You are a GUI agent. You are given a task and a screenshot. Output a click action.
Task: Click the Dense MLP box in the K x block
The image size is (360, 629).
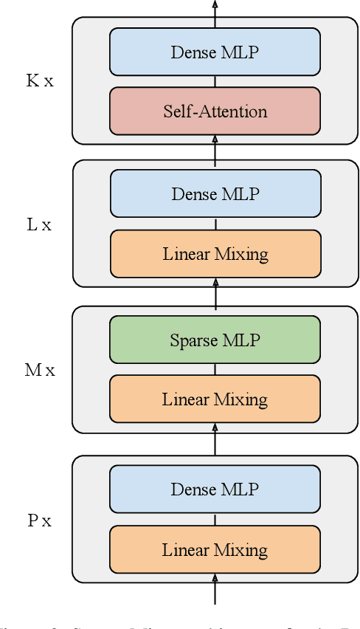pyautogui.click(x=215, y=52)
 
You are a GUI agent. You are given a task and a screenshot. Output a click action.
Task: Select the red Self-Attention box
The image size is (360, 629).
pyautogui.click(x=215, y=111)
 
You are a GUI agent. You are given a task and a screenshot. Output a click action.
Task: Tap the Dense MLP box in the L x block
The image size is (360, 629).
pyautogui.click(x=215, y=193)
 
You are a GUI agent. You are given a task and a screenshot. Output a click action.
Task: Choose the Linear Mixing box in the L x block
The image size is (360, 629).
pyautogui.click(x=215, y=254)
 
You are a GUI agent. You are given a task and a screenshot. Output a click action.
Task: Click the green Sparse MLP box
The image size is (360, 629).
pyautogui.click(x=215, y=340)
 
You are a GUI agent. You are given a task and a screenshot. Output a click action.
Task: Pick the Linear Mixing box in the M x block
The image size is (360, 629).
pyautogui.click(x=215, y=399)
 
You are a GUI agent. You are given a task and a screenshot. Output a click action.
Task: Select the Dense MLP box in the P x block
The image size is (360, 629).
pyautogui.click(x=215, y=489)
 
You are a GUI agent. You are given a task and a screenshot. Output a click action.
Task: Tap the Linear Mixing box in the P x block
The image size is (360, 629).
pyautogui.click(x=215, y=550)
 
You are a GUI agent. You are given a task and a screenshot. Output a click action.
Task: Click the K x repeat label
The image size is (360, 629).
pyautogui.click(x=40, y=80)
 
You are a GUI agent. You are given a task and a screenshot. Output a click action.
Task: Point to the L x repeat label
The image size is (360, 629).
pyautogui.click(x=39, y=224)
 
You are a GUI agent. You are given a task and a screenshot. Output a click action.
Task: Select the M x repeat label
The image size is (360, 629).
pyautogui.click(x=40, y=370)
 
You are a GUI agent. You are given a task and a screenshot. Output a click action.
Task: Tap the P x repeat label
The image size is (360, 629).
pyautogui.click(x=40, y=520)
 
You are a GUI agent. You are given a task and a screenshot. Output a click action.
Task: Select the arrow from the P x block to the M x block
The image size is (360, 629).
pyautogui.click(x=215, y=441)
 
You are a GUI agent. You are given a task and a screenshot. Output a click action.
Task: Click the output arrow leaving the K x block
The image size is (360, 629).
pyautogui.click(x=215, y=9)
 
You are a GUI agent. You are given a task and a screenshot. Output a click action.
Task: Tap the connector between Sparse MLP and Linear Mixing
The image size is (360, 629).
pyautogui.click(x=215, y=369)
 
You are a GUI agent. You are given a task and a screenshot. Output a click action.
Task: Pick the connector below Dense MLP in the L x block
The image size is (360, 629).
pyautogui.click(x=215, y=224)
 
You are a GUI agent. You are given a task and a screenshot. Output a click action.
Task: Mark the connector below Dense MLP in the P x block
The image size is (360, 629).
pyautogui.click(x=215, y=520)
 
